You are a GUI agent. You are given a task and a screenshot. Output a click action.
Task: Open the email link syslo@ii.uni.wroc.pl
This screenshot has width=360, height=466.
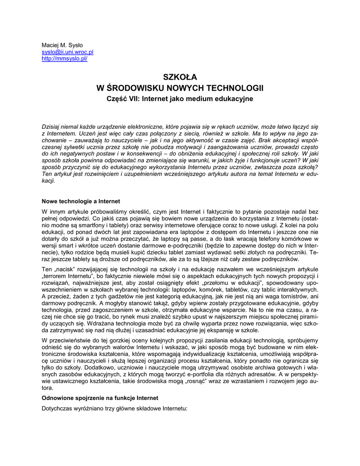(67, 52)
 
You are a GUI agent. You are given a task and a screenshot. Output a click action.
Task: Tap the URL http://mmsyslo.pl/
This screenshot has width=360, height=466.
(64, 59)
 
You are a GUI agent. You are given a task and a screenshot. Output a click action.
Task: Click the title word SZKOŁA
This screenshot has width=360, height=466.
(180, 77)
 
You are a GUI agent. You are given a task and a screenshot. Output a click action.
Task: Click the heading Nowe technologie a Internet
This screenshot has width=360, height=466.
(81, 201)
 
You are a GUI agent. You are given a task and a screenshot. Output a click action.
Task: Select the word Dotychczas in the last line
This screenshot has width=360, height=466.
(58, 408)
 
